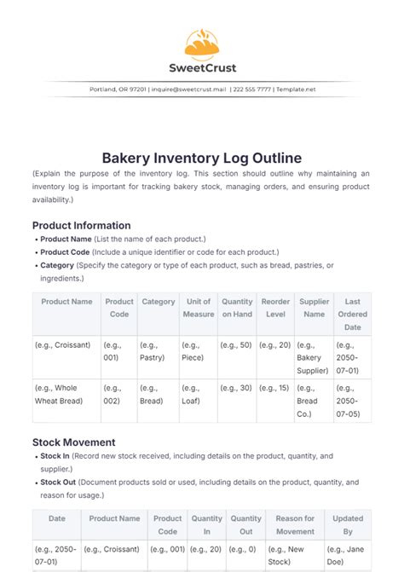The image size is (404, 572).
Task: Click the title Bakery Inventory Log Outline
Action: pyautogui.click(x=202, y=159)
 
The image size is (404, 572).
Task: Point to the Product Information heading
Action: pyautogui.click(x=82, y=225)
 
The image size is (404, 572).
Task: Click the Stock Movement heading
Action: pyautogui.click(x=74, y=442)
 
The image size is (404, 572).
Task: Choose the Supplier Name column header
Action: pyautogui.click(x=314, y=308)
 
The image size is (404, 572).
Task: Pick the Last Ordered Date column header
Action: pyautogui.click(x=352, y=315)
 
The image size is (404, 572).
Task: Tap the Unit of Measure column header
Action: pyautogui.click(x=198, y=308)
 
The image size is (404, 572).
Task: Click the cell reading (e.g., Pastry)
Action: pyautogui.click(x=158, y=352)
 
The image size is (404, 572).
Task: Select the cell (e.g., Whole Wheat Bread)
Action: pyautogui.click(x=64, y=394)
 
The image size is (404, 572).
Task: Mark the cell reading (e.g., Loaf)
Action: pyautogui.click(x=198, y=394)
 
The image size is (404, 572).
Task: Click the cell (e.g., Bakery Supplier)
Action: pyautogui.click(x=314, y=358)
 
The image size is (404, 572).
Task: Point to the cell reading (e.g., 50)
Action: pyautogui.click(x=235, y=345)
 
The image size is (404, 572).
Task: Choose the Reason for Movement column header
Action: pyautogui.click(x=295, y=524)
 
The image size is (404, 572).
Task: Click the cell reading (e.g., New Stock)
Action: pyautogui.click(x=295, y=555)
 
